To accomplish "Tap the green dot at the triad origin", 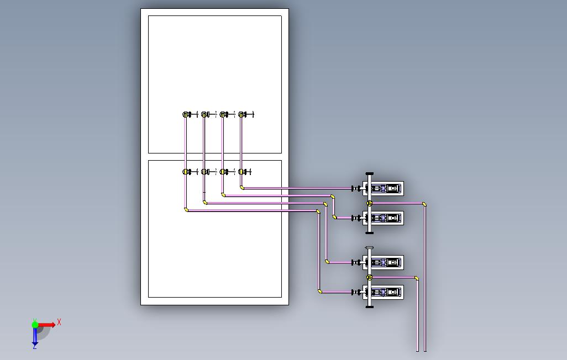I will pyautogui.click(x=35, y=325).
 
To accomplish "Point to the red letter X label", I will pyautogui.click(x=59, y=322).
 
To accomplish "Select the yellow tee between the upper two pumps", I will pyautogui.click(x=370, y=203).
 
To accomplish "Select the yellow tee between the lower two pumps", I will pyautogui.click(x=370, y=277).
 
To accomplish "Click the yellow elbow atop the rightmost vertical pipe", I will pyautogui.click(x=424, y=204).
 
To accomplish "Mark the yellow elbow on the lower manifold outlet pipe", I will pyautogui.click(x=416, y=278).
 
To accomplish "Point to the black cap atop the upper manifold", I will pyautogui.click(x=370, y=173).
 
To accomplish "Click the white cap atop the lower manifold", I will pyautogui.click(x=370, y=248).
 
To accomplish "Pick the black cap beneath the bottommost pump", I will pyautogui.click(x=370, y=306).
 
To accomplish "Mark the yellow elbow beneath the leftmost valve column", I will pyautogui.click(x=186, y=210).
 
